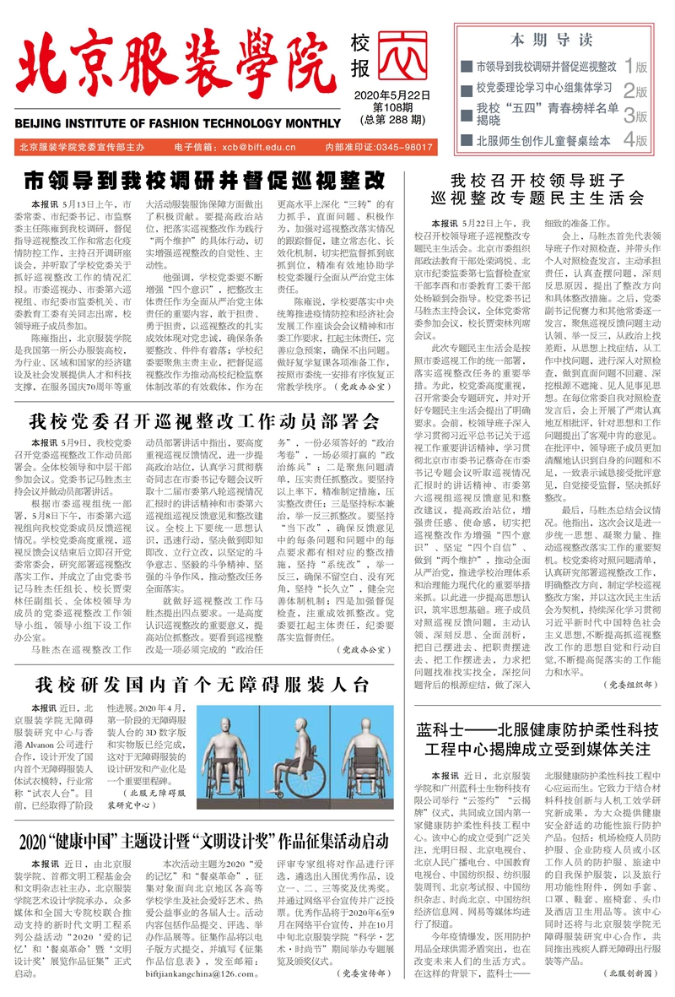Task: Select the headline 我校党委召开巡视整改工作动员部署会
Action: pos(204,420)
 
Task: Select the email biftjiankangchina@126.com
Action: pos(218,973)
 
